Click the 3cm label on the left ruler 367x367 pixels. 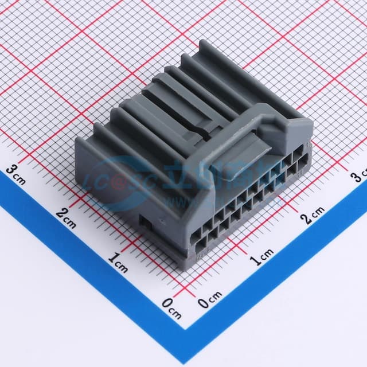click(x=15, y=174)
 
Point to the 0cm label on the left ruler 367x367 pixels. click(x=170, y=307)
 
